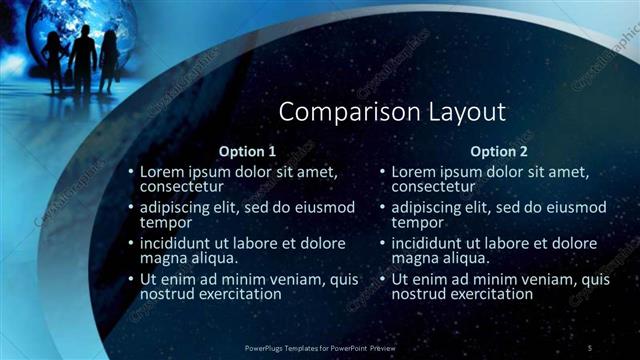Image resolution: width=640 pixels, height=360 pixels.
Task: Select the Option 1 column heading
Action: [x=247, y=152]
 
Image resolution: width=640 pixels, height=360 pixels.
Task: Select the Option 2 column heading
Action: [x=498, y=152]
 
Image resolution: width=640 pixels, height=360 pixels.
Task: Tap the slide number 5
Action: [x=590, y=347]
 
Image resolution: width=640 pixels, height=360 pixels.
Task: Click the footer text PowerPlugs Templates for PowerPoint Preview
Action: [x=320, y=347]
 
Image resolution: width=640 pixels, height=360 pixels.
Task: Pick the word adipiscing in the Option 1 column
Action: [x=179, y=208]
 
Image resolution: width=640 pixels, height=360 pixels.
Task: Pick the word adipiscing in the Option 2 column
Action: [x=431, y=208]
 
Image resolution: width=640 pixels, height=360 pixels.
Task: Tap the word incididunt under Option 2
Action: [x=432, y=244]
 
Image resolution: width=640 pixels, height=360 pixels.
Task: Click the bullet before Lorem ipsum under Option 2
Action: [x=382, y=172]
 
